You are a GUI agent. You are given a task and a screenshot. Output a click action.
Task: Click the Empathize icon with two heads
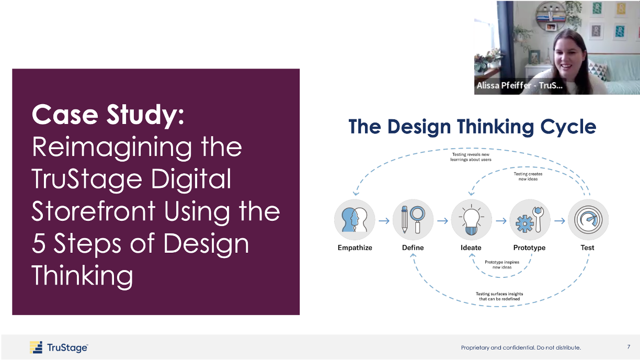(355, 220)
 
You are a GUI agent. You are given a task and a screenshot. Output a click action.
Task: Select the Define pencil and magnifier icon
(413, 220)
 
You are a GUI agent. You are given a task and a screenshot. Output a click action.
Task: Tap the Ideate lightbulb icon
(471, 220)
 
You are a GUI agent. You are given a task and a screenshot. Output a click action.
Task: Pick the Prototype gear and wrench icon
(529, 220)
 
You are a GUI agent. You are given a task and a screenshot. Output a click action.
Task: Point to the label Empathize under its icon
(355, 248)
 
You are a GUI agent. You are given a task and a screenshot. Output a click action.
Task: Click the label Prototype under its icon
(529, 248)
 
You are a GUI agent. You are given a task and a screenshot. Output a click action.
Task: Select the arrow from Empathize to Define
(384, 221)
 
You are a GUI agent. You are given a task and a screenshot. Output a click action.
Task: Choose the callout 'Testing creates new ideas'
(528, 176)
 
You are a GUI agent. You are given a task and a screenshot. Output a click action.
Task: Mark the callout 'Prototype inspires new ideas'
(501, 264)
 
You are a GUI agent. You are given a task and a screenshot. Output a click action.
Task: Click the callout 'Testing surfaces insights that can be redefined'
(499, 296)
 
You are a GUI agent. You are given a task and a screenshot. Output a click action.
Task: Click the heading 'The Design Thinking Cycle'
(472, 127)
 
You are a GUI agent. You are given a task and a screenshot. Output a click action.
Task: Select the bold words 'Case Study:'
(108, 115)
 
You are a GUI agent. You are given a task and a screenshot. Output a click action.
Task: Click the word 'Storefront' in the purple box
(94, 211)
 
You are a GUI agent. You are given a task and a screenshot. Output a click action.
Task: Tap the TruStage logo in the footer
(59, 347)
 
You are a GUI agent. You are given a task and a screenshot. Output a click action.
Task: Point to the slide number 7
(628, 347)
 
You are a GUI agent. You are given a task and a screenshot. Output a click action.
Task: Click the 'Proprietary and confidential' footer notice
(520, 347)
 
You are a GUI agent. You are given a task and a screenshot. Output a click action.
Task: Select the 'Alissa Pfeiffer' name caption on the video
(519, 86)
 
